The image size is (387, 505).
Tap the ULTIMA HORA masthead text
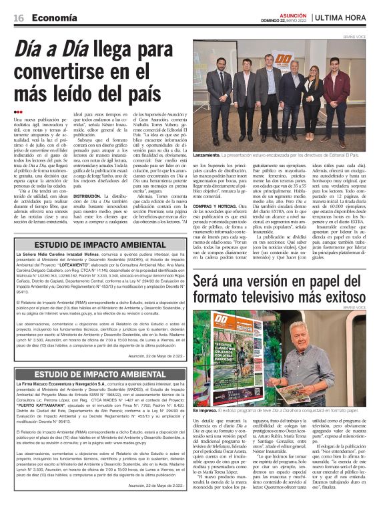[352, 18]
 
